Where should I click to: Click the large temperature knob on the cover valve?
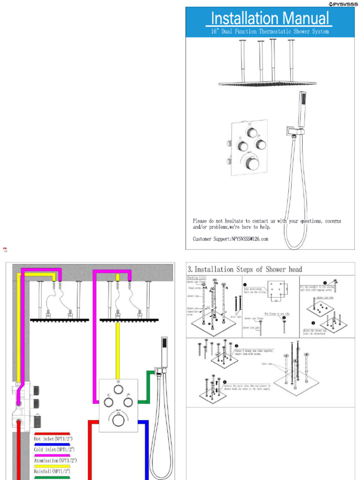[252, 163]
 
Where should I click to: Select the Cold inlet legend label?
[53, 450]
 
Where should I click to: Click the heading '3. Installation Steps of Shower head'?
[245, 270]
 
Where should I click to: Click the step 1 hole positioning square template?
[276, 291]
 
